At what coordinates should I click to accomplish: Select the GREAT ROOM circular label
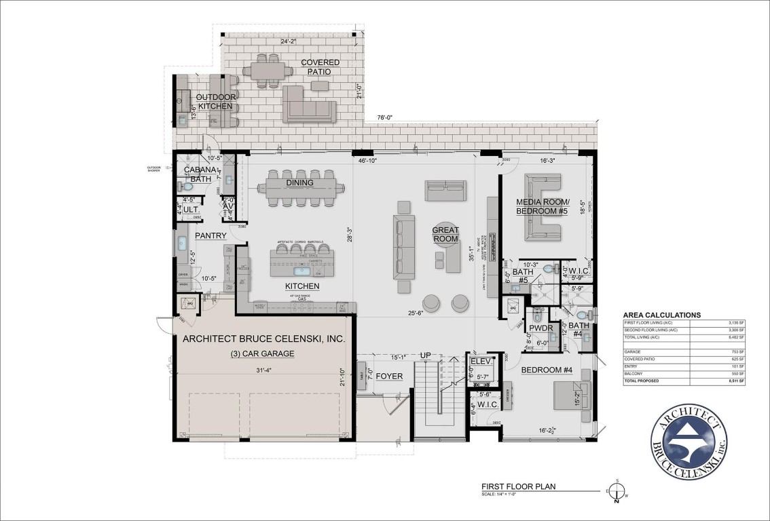[x=446, y=234]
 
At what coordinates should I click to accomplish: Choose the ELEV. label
[x=479, y=362]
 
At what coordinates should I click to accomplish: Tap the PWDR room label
[x=542, y=328]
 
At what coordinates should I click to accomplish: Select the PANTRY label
[x=210, y=235]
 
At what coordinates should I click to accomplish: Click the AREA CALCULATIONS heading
[x=662, y=315]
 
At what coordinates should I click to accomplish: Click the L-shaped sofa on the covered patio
[x=310, y=105]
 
